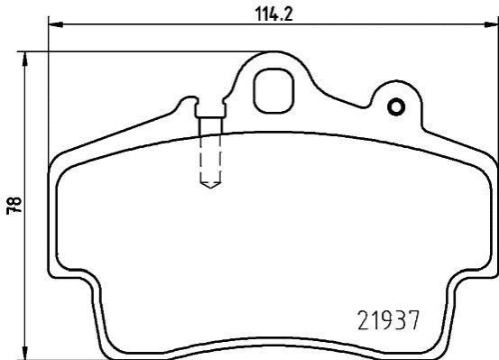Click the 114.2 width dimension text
[273, 14]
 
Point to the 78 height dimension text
[14, 206]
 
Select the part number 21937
[389, 320]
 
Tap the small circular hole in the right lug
[396, 107]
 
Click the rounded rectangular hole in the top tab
[273, 91]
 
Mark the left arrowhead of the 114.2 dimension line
[56, 24]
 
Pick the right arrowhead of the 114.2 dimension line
[491, 24]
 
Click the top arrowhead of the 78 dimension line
[24, 60]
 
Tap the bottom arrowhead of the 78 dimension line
[24, 351]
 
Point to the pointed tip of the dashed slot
[210, 188]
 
